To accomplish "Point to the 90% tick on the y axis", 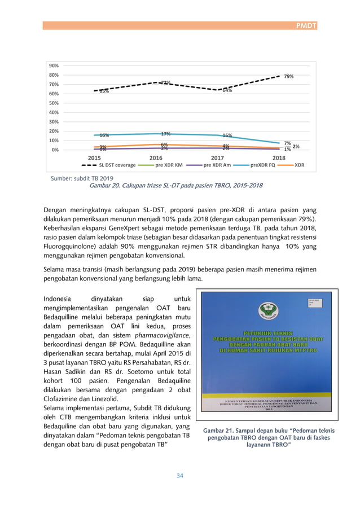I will (x=54, y=65).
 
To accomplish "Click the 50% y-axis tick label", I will (x=54, y=103).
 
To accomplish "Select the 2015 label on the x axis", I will (x=94, y=158).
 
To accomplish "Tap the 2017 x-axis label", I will (x=217, y=158).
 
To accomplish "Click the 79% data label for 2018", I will (x=288, y=76).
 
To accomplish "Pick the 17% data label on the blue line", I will (x=165, y=134).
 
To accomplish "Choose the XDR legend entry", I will (x=300, y=166).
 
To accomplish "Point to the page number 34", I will (x=180, y=476).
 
